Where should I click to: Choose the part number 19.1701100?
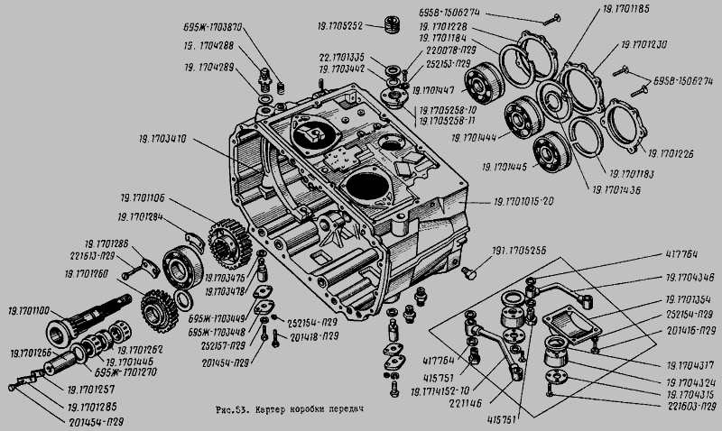click(30, 310)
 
